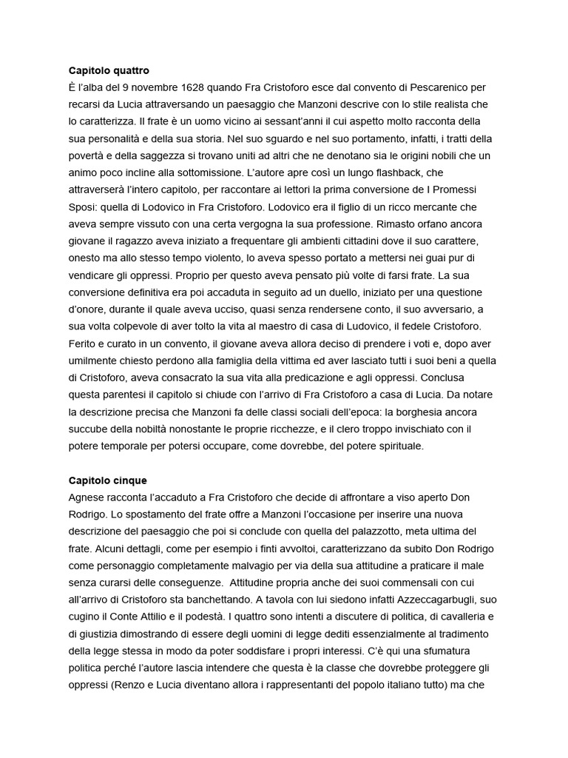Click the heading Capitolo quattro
(x=109, y=70)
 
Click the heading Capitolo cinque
(x=107, y=480)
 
